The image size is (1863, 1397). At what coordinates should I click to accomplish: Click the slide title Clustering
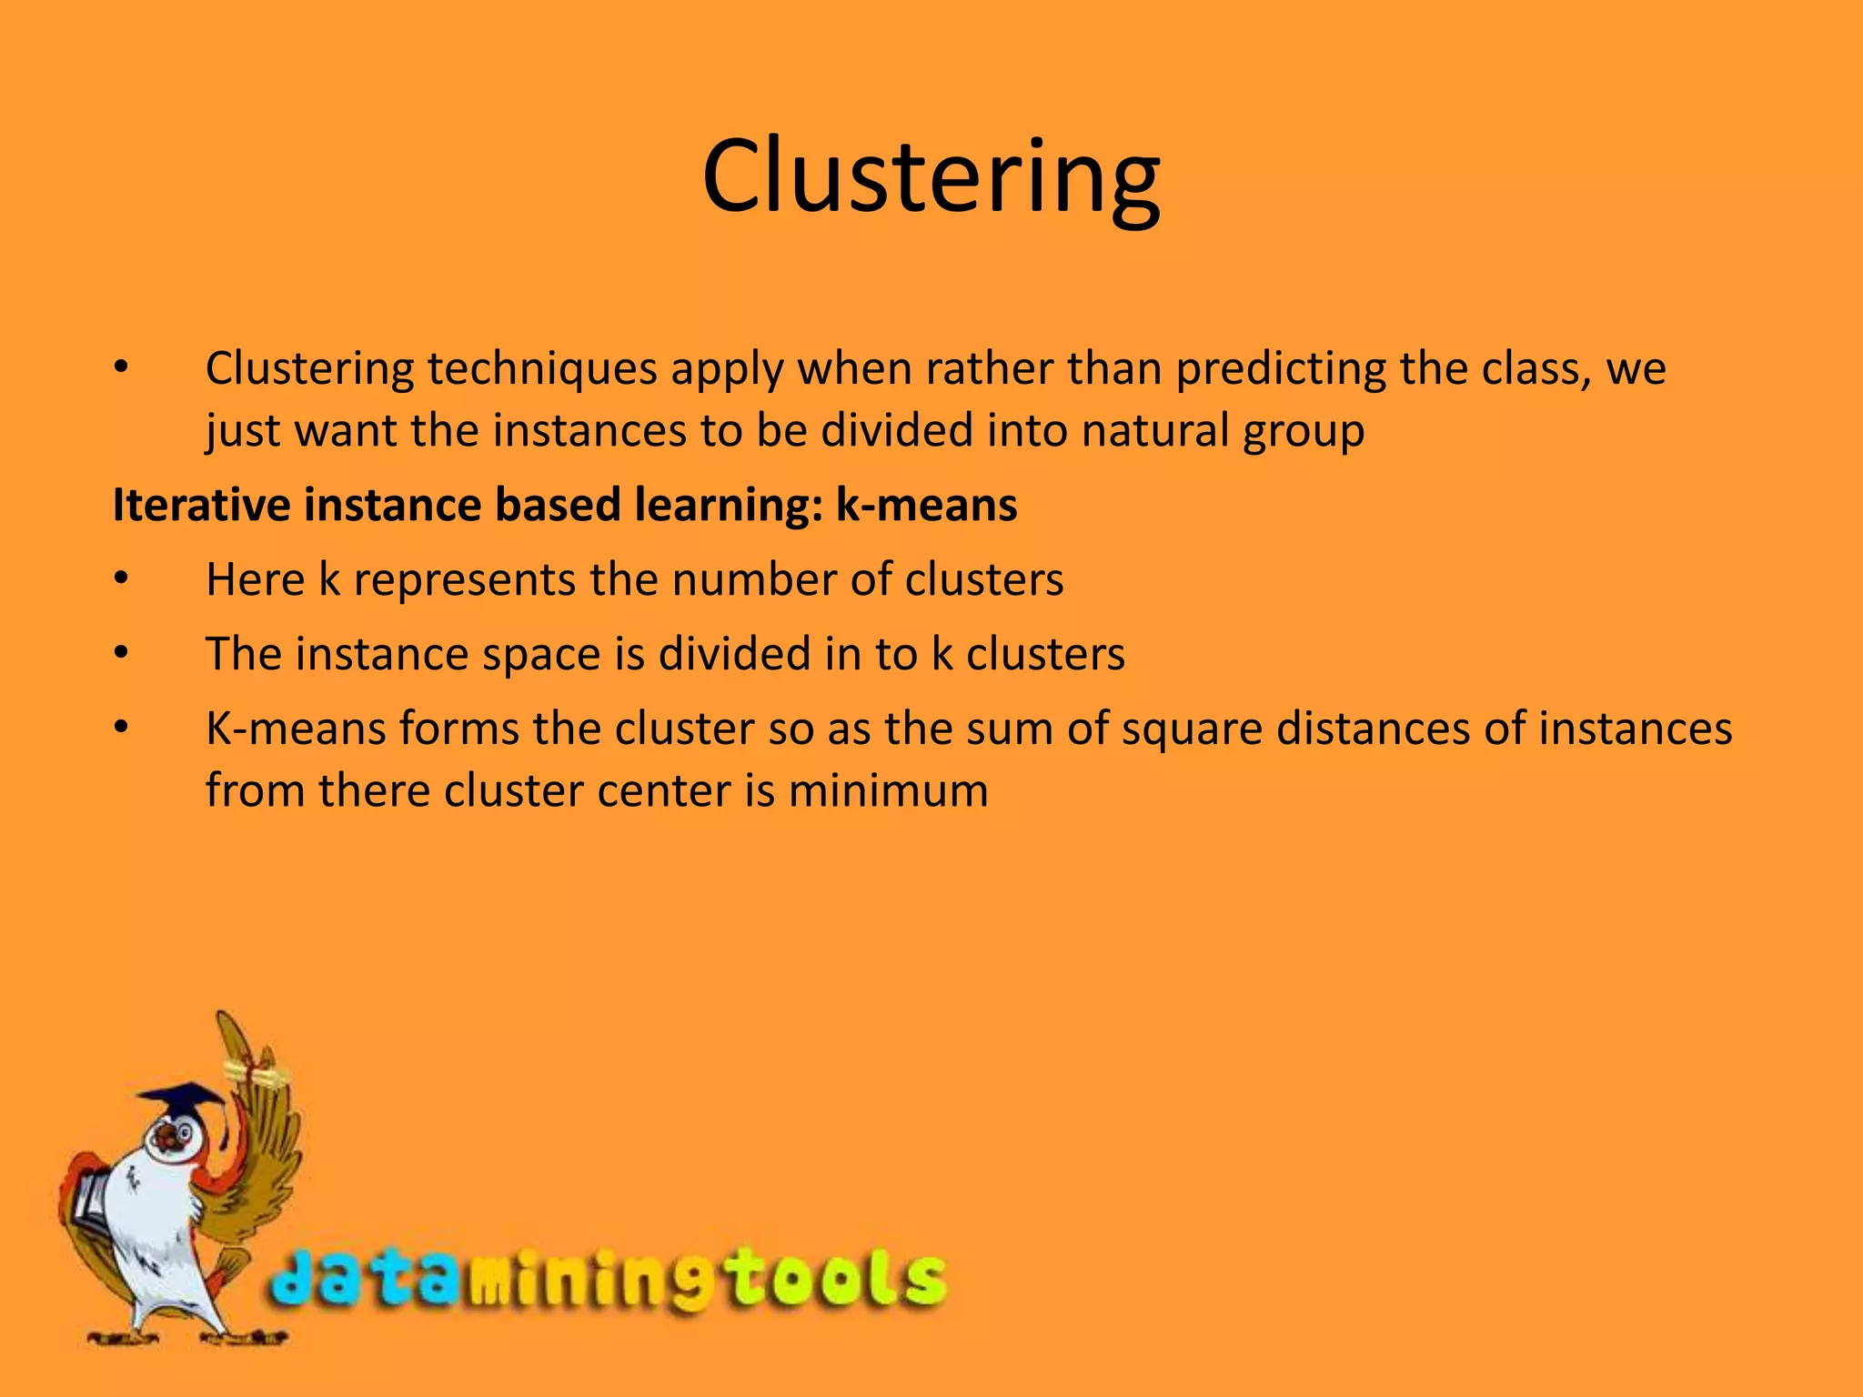931,177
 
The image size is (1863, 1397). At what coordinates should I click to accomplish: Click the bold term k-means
926,505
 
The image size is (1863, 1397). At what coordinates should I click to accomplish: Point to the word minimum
888,790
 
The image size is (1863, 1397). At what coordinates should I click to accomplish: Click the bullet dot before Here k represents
122,579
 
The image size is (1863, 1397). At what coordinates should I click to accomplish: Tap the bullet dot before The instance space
122,654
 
